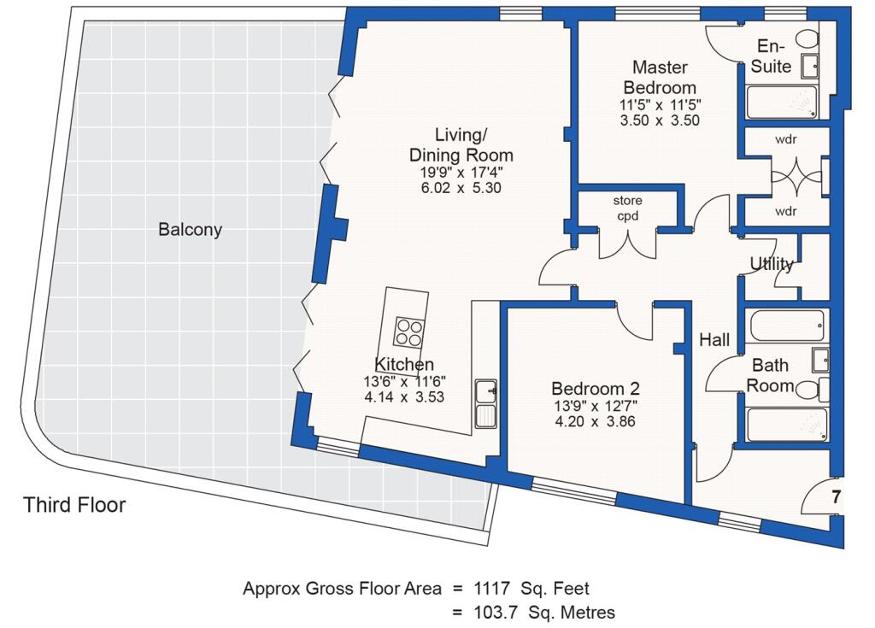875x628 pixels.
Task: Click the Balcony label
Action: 191,230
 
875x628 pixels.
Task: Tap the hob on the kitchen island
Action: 409,332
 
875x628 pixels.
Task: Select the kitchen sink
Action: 486,404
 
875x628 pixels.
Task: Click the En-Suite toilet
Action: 807,39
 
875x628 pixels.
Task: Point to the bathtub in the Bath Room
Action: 787,326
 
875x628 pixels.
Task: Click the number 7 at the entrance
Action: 836,496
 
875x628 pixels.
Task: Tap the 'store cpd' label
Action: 628,208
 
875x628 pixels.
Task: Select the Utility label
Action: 772,263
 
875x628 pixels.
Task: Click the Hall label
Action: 714,339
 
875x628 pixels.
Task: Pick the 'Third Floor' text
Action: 74,505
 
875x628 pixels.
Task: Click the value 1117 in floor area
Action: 491,588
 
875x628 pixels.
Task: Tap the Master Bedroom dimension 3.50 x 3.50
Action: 660,120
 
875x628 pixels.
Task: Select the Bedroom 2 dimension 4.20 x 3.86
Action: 595,421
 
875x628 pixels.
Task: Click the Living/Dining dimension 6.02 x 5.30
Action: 461,188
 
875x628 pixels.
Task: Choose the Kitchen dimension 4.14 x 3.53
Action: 404,397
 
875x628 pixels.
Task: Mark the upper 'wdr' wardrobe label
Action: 786,139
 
